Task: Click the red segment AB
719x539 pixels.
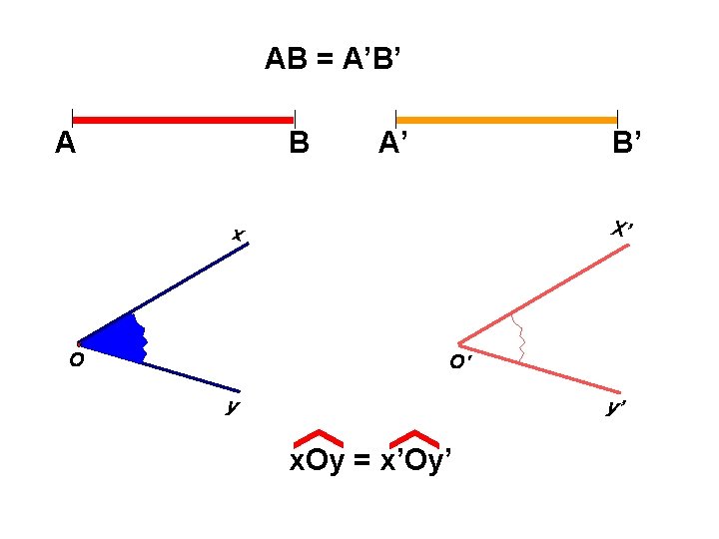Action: tap(183, 120)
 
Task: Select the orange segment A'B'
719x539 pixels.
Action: tap(506, 120)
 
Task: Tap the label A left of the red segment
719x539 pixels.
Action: tap(66, 146)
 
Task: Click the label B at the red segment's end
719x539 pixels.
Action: tap(299, 146)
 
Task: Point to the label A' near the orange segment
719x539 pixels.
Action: tap(392, 146)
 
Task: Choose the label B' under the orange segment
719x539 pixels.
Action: tap(629, 146)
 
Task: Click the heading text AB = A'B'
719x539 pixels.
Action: tap(334, 60)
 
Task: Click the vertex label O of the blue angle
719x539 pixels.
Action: tap(76, 361)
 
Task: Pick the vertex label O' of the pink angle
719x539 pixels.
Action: tap(459, 362)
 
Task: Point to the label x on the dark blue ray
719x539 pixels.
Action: tap(238, 236)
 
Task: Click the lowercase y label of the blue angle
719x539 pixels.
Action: tap(232, 405)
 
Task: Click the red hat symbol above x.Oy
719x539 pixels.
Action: tap(319, 437)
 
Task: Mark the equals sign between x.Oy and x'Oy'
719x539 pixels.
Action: tap(361, 461)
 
